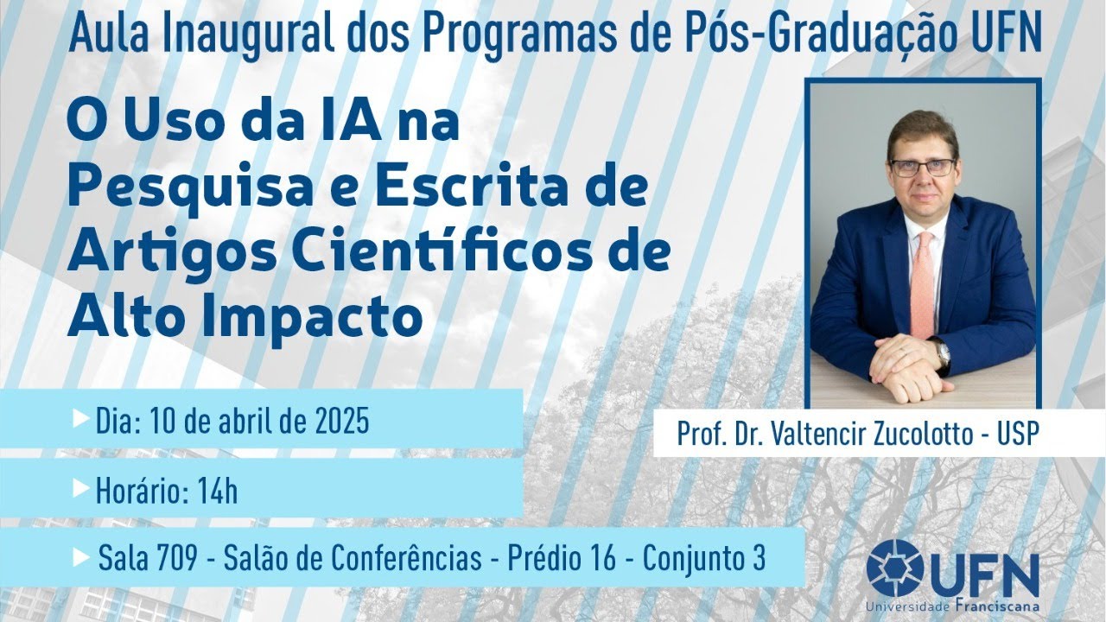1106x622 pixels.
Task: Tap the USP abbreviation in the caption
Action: point(1015,434)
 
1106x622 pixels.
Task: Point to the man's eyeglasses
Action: point(923,167)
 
